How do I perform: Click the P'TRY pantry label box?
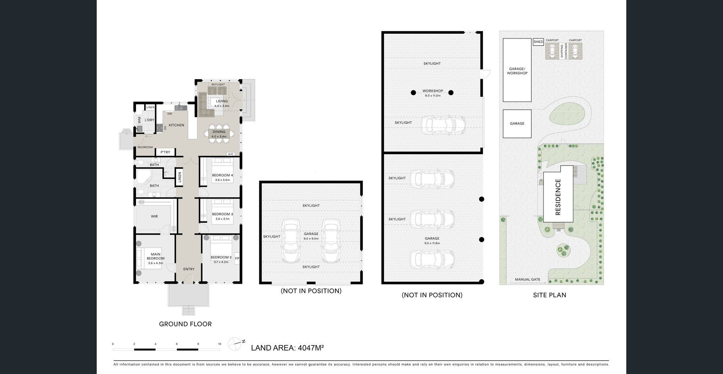[165, 152]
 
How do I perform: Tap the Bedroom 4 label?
[222, 175]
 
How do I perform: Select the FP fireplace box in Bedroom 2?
[237, 259]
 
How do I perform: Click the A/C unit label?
[231, 154]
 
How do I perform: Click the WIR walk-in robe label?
[154, 216]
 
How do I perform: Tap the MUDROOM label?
[145, 147]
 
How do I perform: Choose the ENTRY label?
[189, 269]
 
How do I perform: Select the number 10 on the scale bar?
[220, 344]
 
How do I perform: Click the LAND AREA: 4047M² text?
[287, 348]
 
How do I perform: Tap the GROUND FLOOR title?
[185, 324]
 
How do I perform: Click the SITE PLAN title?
[549, 295]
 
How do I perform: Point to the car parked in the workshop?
[443, 125]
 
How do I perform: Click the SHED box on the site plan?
[538, 42]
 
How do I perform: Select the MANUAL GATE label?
[528, 279]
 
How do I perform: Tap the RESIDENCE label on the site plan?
[558, 197]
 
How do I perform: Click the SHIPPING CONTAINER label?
[564, 52]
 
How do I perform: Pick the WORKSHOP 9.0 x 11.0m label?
[432, 93]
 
